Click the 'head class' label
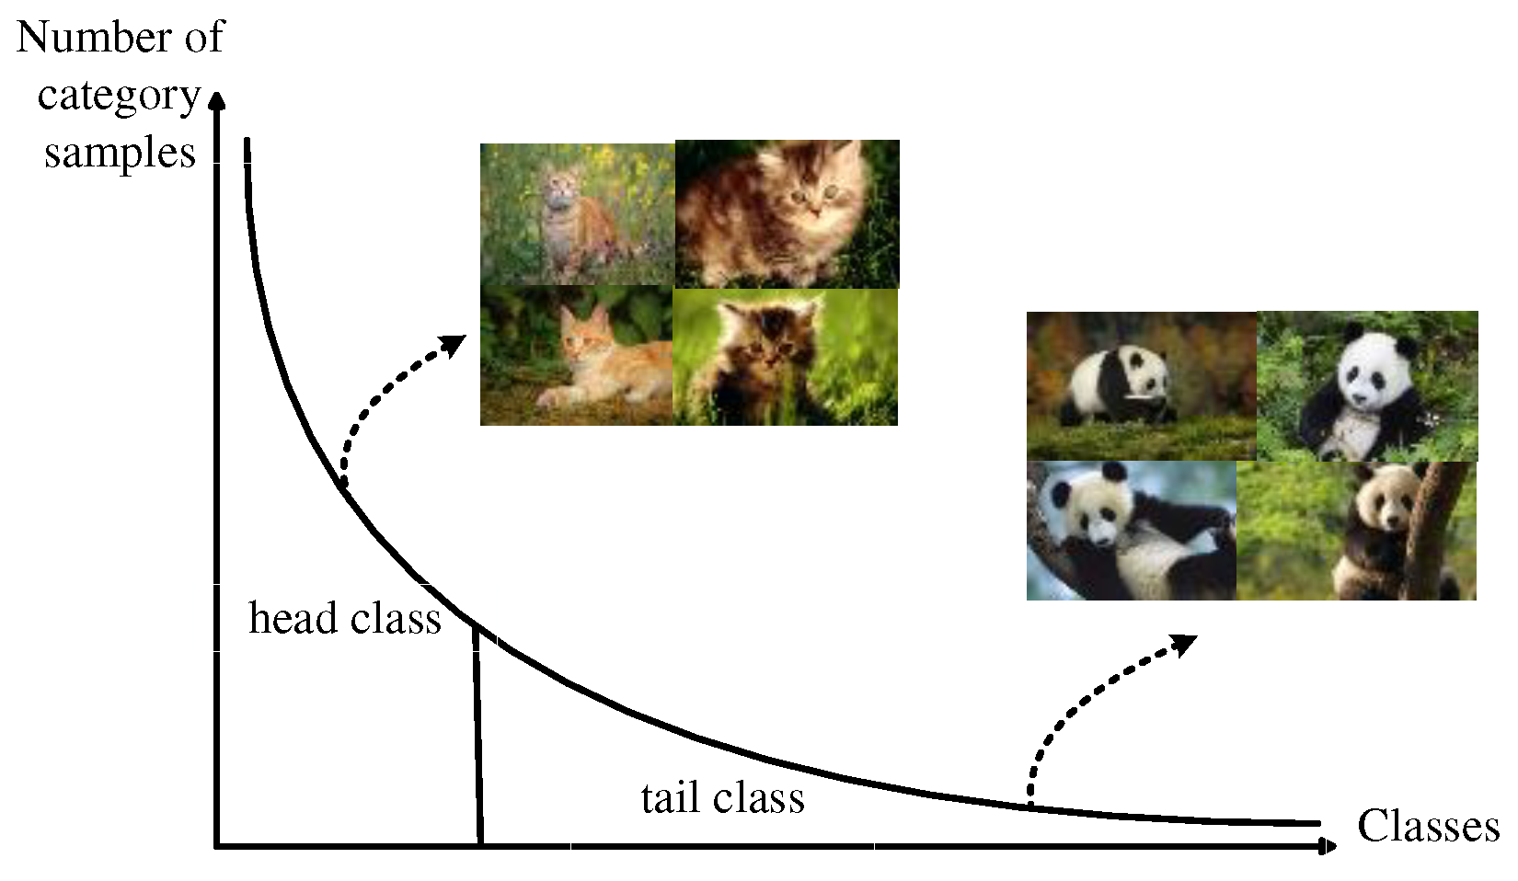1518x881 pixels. (x=345, y=619)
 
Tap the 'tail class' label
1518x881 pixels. (x=722, y=797)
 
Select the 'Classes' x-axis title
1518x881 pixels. (x=1428, y=826)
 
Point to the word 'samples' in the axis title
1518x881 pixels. (x=120, y=153)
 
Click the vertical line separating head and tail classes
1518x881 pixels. (x=477, y=736)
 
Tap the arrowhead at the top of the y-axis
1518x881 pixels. (x=217, y=99)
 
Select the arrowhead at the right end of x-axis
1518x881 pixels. (x=1328, y=846)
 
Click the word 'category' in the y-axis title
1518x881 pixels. (x=119, y=95)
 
